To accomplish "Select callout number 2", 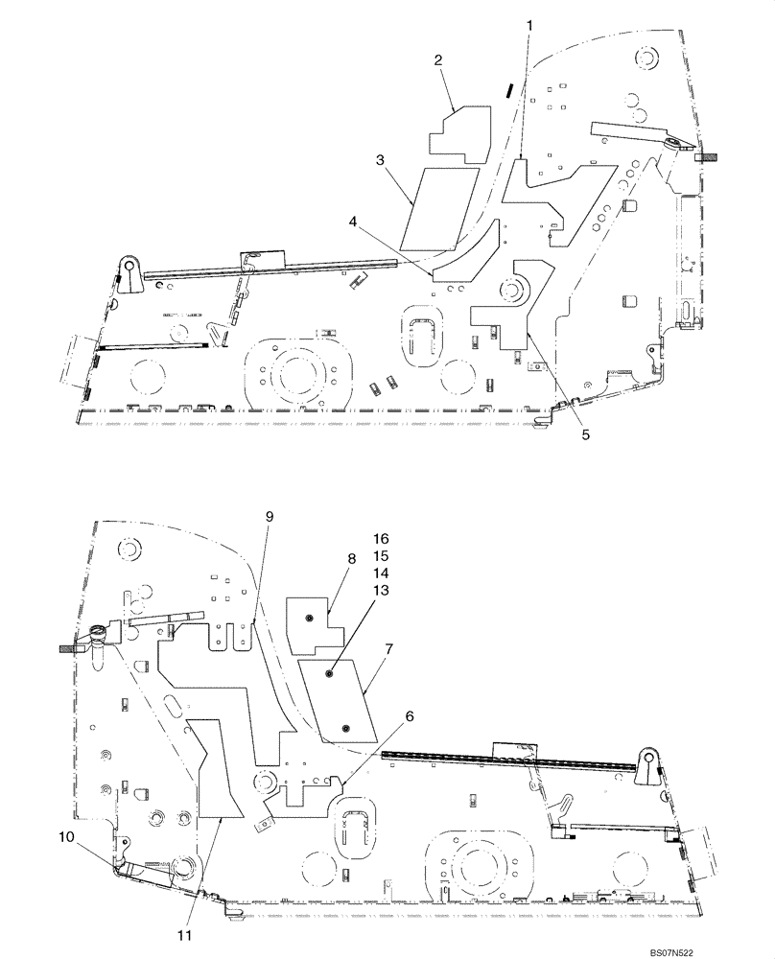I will (x=438, y=60).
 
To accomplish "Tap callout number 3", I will (x=381, y=162).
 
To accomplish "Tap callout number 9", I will (x=269, y=518).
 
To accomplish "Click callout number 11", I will (x=186, y=934).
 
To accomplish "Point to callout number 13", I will (x=381, y=591).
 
